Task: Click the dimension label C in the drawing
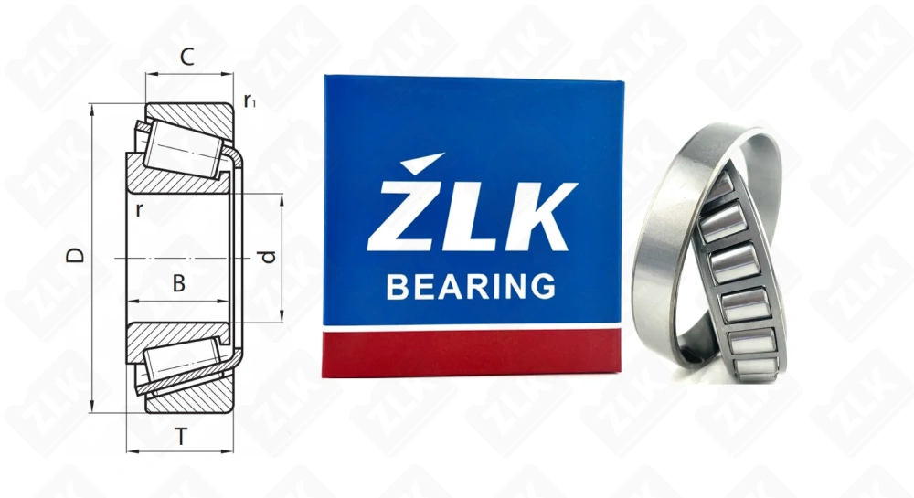tap(186, 58)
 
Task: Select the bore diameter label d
tap(267, 257)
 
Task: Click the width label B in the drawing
tap(179, 284)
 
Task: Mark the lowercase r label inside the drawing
tap(138, 209)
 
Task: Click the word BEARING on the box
tap(471, 286)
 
